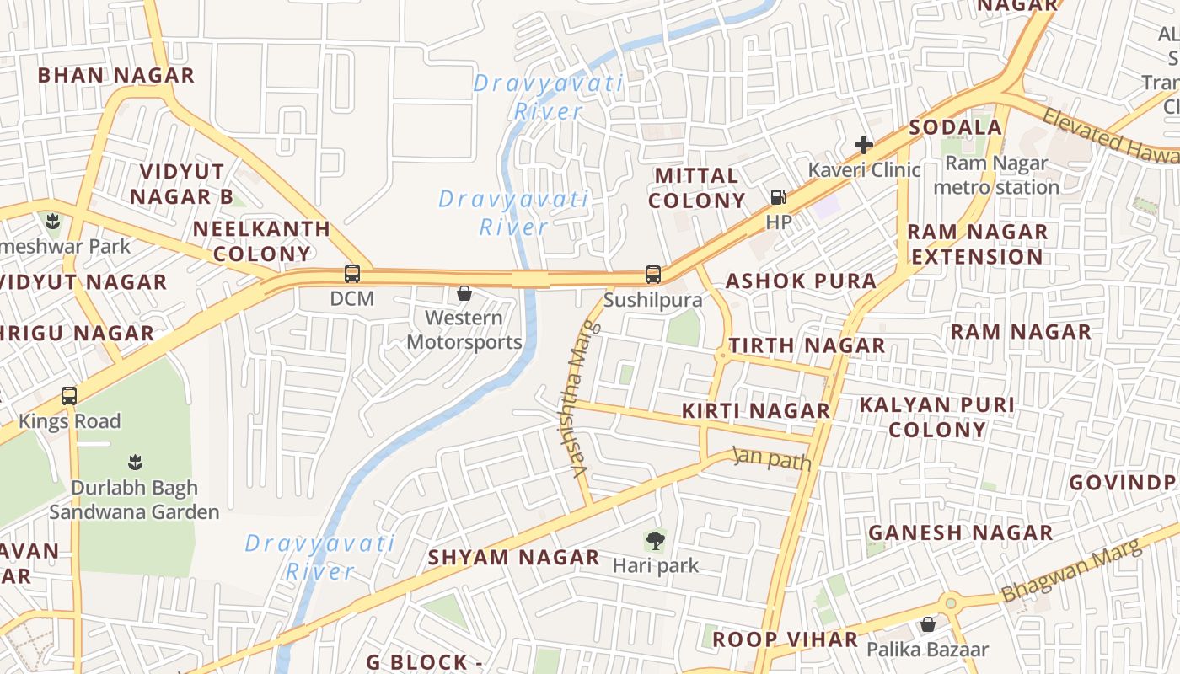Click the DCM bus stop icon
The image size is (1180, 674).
coord(352,274)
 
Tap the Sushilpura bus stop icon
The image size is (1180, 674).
coord(653,274)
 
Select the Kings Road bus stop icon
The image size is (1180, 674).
coord(69,395)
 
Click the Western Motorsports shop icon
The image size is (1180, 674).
coord(464,293)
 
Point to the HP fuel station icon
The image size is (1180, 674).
coord(778,197)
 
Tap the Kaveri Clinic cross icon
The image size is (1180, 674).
coord(863,145)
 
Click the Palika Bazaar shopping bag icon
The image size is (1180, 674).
coord(928,624)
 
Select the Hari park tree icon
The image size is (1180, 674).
coord(655,540)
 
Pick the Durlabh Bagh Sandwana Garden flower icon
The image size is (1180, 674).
coord(134,462)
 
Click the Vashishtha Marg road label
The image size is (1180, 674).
coord(579,400)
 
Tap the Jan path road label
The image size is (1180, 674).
coord(772,459)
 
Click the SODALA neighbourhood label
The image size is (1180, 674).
coord(956,128)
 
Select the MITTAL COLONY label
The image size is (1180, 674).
coord(697,188)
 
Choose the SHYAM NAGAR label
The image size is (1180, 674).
coord(513,558)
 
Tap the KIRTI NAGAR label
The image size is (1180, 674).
coord(755,411)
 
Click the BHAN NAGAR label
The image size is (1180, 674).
coord(116,75)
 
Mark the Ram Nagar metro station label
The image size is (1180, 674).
coord(996,174)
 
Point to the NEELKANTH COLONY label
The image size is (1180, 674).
coord(261,241)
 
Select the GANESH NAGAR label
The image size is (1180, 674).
coord(960,533)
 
